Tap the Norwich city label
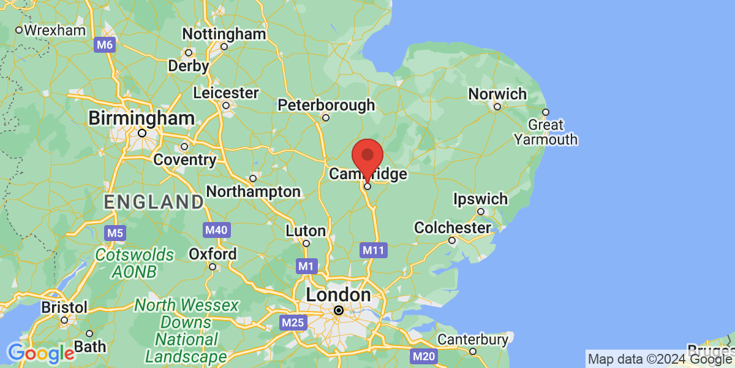click(497, 94)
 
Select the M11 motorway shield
click(373, 250)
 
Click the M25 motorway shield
click(292, 322)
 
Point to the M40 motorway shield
click(216, 231)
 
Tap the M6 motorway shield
click(105, 45)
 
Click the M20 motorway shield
click(424, 356)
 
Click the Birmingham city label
click(141, 118)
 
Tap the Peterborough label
click(326, 105)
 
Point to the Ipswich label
click(481, 199)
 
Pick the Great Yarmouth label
click(546, 132)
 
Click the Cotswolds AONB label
click(134, 263)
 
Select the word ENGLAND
click(154, 202)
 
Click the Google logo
click(41, 353)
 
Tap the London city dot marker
click(339, 310)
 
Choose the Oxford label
click(213, 254)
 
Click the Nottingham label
click(224, 34)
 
